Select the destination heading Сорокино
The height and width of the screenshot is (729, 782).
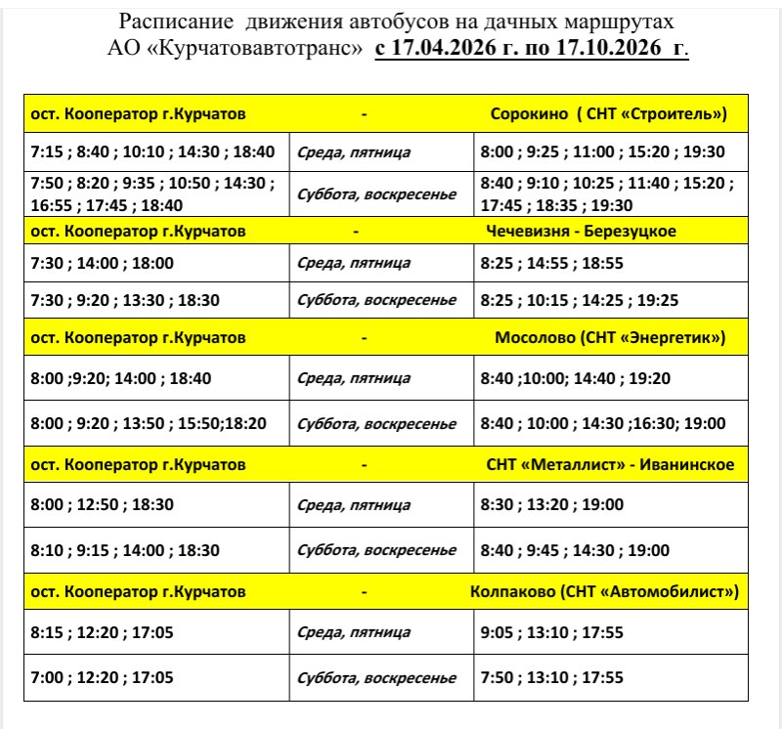529,113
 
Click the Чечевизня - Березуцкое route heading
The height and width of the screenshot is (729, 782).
581,232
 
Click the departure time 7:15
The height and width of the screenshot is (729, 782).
46,151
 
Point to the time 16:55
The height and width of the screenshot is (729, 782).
49,205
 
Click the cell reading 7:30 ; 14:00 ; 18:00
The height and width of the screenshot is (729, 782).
98,263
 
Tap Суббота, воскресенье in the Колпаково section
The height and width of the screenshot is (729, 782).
376,677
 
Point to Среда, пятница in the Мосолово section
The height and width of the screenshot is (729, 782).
354,378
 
